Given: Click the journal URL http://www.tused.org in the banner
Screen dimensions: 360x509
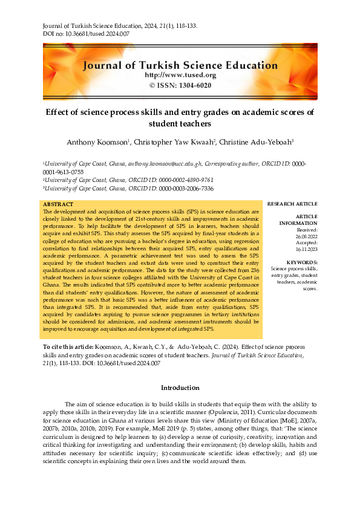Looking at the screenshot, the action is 180,75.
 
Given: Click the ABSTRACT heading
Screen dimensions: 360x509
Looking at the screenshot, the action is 58,205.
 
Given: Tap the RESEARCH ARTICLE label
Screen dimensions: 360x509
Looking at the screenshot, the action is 292,204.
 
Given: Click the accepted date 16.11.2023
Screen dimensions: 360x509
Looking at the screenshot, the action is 307,249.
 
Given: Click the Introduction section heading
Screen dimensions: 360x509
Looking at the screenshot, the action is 180,387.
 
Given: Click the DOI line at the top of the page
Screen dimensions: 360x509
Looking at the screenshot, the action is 86,35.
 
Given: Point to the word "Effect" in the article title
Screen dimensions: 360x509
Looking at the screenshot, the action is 59,112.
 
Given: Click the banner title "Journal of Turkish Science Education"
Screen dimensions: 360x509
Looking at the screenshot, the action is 180,65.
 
